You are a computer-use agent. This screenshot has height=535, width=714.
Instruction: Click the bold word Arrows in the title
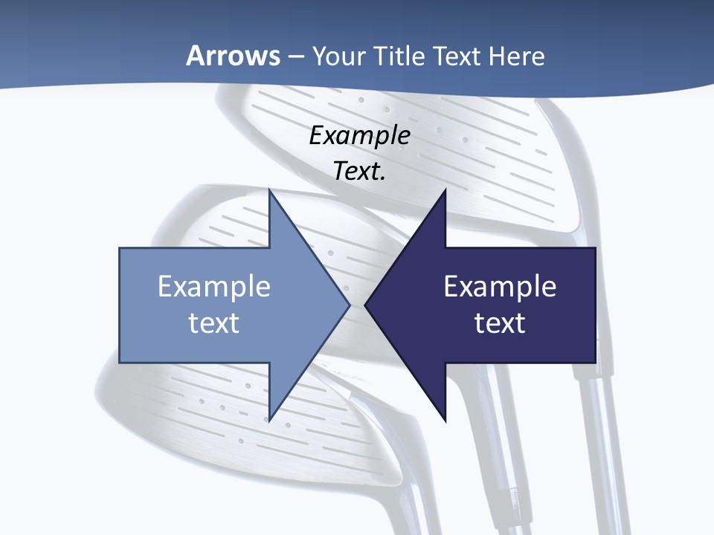click(233, 56)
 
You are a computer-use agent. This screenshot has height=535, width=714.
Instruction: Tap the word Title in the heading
click(400, 56)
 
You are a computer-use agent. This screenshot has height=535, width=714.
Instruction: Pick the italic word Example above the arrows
click(359, 135)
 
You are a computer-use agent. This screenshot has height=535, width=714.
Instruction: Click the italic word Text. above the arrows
click(359, 171)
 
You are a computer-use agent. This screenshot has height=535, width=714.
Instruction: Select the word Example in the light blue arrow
click(213, 287)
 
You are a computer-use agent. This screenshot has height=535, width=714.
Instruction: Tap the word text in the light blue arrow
click(213, 322)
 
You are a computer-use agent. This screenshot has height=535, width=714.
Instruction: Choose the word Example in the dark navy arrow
click(500, 287)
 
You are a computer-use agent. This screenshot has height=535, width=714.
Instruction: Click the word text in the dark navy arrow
click(500, 322)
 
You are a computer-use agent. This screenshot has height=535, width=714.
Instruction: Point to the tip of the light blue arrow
click(350, 305)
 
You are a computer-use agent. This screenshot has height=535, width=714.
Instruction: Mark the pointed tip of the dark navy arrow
click(364, 305)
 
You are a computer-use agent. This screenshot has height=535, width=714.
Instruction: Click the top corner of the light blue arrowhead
click(269, 189)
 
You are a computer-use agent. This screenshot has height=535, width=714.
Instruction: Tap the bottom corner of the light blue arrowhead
click(269, 421)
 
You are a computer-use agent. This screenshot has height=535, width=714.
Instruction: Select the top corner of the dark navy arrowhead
click(445, 189)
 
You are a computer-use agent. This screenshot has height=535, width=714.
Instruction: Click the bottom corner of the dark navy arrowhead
click(445, 421)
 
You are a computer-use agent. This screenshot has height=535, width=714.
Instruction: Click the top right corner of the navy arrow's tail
click(595, 248)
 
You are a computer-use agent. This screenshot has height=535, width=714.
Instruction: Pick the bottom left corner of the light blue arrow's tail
click(120, 363)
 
